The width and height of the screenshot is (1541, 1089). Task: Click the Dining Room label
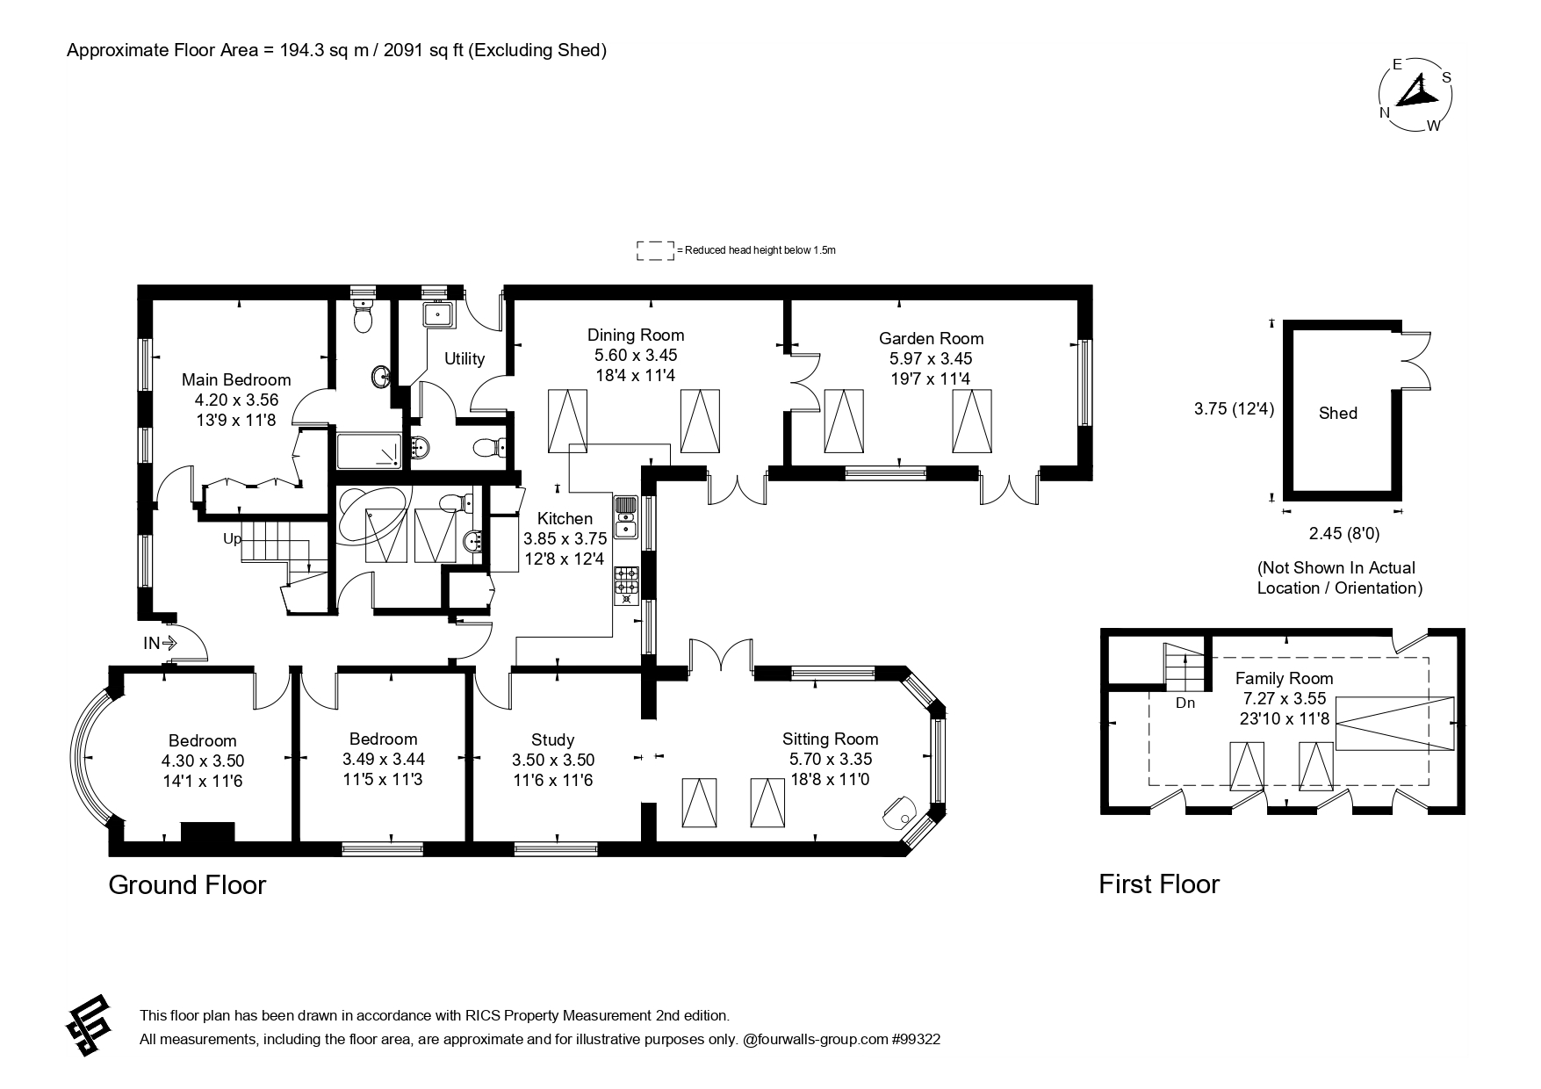click(x=636, y=335)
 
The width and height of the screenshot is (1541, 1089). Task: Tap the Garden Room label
click(x=931, y=338)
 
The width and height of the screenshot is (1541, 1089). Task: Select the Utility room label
click(x=464, y=358)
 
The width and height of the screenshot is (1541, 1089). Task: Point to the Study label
click(x=553, y=739)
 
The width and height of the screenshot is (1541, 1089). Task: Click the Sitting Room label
click(x=830, y=739)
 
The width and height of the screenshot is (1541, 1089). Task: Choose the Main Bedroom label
click(x=236, y=379)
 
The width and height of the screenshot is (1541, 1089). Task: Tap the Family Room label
click(x=1284, y=678)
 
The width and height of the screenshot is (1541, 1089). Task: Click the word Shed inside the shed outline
click(x=1338, y=413)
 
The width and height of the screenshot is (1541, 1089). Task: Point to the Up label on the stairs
click(x=233, y=538)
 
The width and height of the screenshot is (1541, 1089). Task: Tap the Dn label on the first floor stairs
click(x=1185, y=703)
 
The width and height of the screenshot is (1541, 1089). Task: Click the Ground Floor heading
click(x=187, y=884)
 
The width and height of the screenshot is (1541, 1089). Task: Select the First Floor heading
click(x=1159, y=883)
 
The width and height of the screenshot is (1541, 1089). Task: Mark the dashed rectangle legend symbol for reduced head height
click(x=655, y=250)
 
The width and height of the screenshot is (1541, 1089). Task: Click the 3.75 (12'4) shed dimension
click(x=1234, y=408)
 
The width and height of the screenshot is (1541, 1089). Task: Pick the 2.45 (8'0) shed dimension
click(x=1338, y=533)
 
